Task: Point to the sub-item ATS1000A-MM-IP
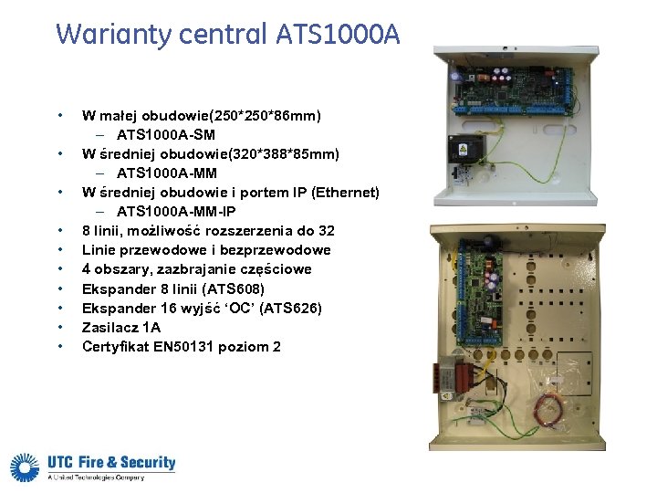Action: click(x=179, y=212)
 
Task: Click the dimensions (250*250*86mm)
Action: click(x=266, y=116)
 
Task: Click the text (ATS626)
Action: click(x=292, y=308)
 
